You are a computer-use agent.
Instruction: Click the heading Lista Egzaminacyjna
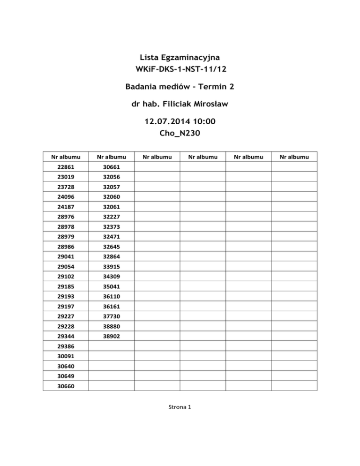click(180, 57)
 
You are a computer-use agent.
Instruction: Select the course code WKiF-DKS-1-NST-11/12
click(180, 69)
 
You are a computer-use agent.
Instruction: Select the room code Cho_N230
click(180, 133)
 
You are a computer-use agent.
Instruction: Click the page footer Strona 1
click(180, 407)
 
